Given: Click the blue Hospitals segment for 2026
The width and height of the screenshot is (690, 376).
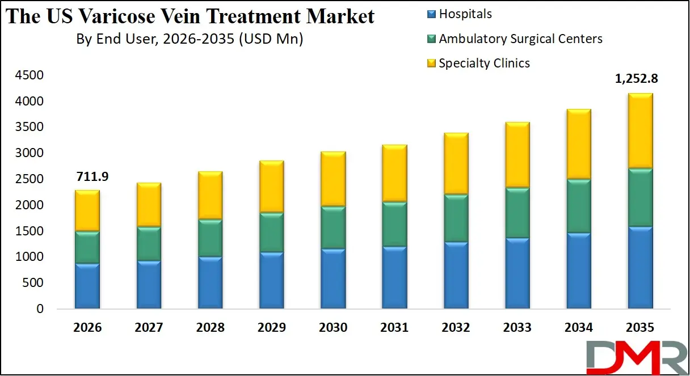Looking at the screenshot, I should pos(87,286).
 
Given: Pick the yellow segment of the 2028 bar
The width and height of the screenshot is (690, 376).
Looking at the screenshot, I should pos(210,196).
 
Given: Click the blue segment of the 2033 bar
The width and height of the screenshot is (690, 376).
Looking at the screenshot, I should pos(517,274).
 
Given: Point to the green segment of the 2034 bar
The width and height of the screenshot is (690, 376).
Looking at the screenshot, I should pos(579,206).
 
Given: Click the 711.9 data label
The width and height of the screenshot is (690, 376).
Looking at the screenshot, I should pos(91,177).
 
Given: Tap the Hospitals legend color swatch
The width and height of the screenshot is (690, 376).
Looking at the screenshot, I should pos(431,15).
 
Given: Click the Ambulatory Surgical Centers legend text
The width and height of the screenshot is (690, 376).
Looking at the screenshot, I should pos(520,39).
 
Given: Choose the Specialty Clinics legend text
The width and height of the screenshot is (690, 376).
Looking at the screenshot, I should pos(484,63).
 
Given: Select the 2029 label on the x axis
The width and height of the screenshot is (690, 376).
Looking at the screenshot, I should pos(271,328).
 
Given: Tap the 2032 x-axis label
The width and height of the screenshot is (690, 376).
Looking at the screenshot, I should pos(456,328).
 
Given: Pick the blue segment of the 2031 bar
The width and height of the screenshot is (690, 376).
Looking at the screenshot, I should pos(394,278).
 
